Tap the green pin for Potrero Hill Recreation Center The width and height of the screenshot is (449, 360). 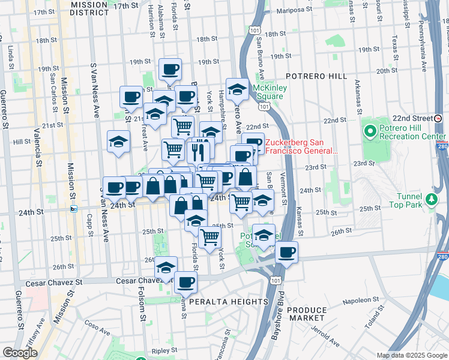coord(369,130)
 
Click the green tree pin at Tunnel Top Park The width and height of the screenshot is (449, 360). coord(430,199)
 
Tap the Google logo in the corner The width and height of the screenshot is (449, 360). coord(20,353)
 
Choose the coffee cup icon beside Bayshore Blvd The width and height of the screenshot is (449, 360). coord(287,252)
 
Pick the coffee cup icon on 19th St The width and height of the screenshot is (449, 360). coord(170,69)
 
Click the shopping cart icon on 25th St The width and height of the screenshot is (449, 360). coord(209,238)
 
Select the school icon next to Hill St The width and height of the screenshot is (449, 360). coord(118,142)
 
